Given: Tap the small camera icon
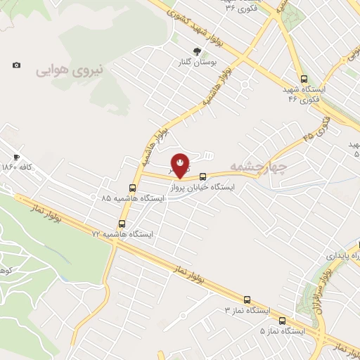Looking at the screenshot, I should [16, 65].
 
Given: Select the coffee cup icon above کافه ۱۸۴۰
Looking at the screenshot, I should [16, 157].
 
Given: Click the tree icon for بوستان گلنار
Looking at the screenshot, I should [198, 51].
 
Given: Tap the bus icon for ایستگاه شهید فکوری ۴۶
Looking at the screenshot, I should [304, 79].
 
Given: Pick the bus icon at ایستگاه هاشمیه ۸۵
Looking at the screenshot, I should [133, 188].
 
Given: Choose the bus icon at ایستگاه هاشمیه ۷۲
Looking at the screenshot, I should [122, 224].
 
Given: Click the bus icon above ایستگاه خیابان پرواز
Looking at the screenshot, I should [203, 177].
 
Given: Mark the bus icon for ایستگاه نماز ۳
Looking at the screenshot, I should [247, 299].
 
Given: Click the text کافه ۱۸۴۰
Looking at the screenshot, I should [18, 167].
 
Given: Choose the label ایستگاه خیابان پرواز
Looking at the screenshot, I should [202, 188].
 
